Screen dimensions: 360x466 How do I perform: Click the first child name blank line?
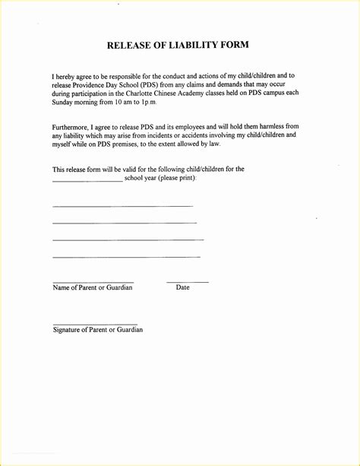pos(122,206)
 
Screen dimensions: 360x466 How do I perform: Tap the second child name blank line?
pos(125,223)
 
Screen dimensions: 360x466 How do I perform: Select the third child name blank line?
pos(128,239)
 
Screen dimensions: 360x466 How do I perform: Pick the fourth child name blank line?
pos(126,257)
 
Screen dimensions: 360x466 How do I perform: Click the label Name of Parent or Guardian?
pos(93,287)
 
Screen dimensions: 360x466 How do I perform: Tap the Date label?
pos(183,287)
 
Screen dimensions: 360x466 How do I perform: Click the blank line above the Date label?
pos(187,282)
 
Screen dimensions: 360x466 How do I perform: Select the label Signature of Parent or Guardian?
pos(97,330)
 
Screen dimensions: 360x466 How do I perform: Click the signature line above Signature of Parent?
pos(94,325)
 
